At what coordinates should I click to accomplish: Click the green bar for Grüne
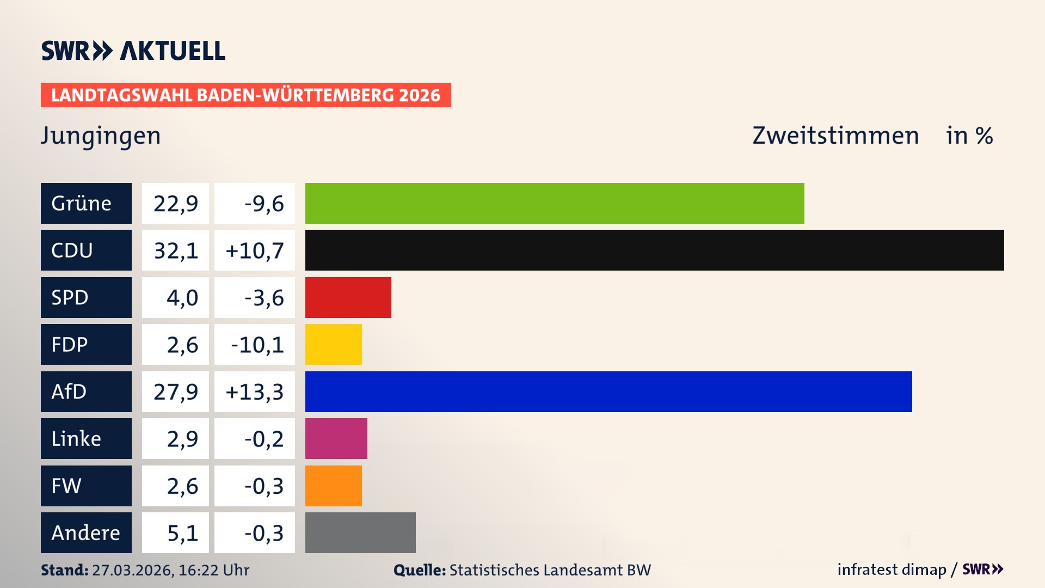[554, 203]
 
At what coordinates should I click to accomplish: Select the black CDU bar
[654, 250]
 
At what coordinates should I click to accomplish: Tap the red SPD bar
[348, 297]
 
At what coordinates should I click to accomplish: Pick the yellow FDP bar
[333, 344]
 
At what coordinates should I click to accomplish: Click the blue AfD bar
[608, 391]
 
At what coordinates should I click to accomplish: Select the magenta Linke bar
[336, 438]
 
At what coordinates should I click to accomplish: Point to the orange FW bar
[333, 486]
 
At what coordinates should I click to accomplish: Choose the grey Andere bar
[360, 532]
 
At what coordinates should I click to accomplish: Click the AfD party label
[86, 391]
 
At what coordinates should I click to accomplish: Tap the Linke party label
[86, 438]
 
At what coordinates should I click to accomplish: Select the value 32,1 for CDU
[175, 250]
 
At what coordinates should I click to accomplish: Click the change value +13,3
[254, 391]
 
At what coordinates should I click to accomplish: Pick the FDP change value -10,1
[257, 345]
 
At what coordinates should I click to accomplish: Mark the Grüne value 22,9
[175, 204]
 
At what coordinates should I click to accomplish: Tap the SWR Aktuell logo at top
[133, 51]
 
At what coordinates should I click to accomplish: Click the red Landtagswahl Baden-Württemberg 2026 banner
[245, 95]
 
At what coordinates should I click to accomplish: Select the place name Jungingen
[101, 136]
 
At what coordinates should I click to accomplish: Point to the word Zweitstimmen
[835, 136]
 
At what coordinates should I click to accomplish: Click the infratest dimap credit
[891, 569]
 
